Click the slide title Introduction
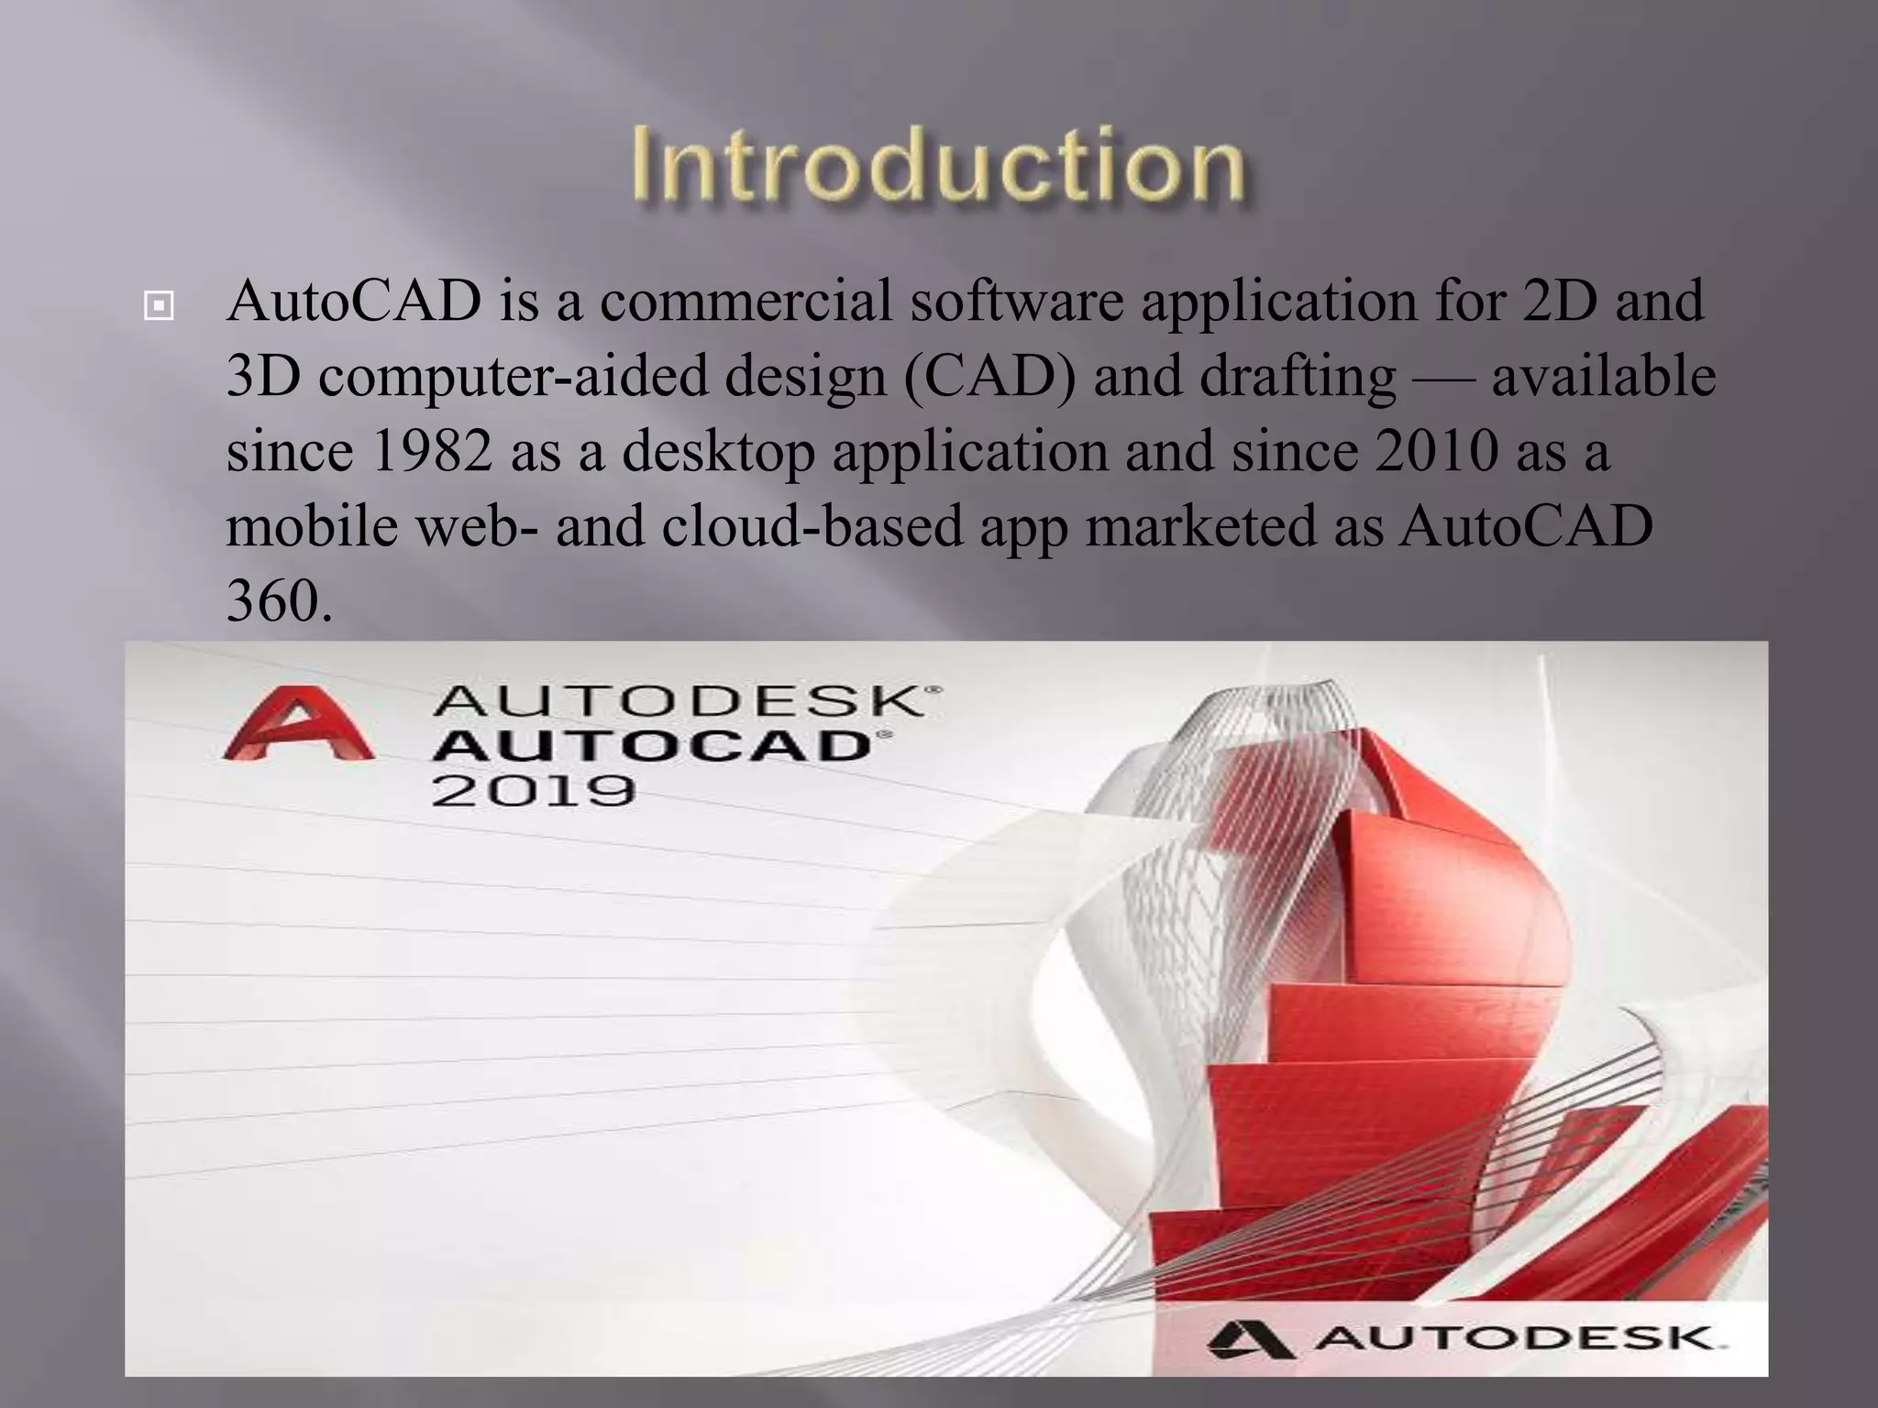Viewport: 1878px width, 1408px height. click(938, 165)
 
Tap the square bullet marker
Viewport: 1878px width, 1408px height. click(159, 305)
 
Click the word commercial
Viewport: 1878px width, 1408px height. click(746, 301)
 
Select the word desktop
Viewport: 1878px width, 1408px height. click(718, 453)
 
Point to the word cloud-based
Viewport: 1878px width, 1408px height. click(812, 526)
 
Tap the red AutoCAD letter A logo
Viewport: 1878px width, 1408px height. click(298, 724)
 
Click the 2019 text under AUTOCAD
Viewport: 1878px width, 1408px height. click(534, 790)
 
